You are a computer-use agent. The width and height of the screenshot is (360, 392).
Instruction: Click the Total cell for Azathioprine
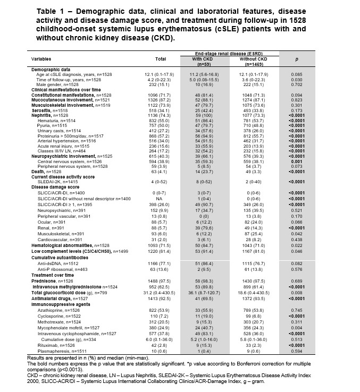point(161,295)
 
